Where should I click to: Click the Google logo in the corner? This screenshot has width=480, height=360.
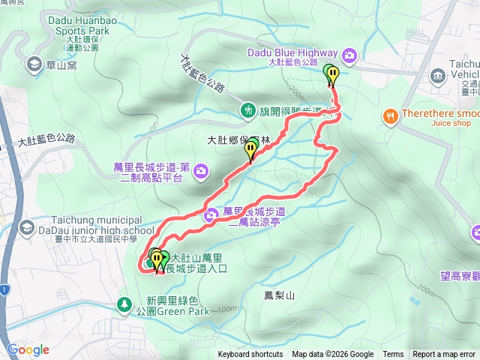pyautogui.click(x=28, y=349)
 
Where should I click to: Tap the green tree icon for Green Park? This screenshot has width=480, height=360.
pyautogui.click(x=124, y=304)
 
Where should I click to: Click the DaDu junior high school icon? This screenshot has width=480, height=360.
pyautogui.click(x=27, y=226)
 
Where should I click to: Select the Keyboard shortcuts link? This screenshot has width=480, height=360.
pyautogui.click(x=250, y=355)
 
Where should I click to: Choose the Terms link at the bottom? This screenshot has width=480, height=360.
pyautogui.click(x=393, y=355)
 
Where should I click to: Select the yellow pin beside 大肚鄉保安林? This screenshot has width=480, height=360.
pyautogui.click(x=250, y=152)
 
